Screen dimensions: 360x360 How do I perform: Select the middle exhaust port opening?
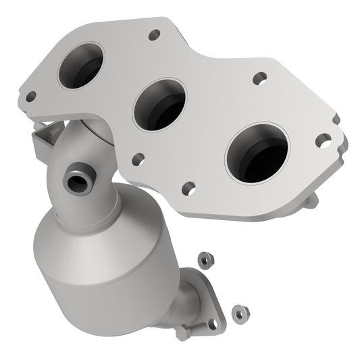(x=160, y=105)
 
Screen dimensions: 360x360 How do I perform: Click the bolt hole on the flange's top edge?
(x=155, y=33)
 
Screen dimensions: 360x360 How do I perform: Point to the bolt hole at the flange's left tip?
(x=30, y=97)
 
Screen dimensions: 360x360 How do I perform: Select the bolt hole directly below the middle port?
(x=138, y=159)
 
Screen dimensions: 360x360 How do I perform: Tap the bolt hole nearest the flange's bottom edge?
(x=189, y=187)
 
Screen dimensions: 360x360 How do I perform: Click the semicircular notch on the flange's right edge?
(x=336, y=120)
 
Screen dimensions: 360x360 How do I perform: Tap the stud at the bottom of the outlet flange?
(x=185, y=332)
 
